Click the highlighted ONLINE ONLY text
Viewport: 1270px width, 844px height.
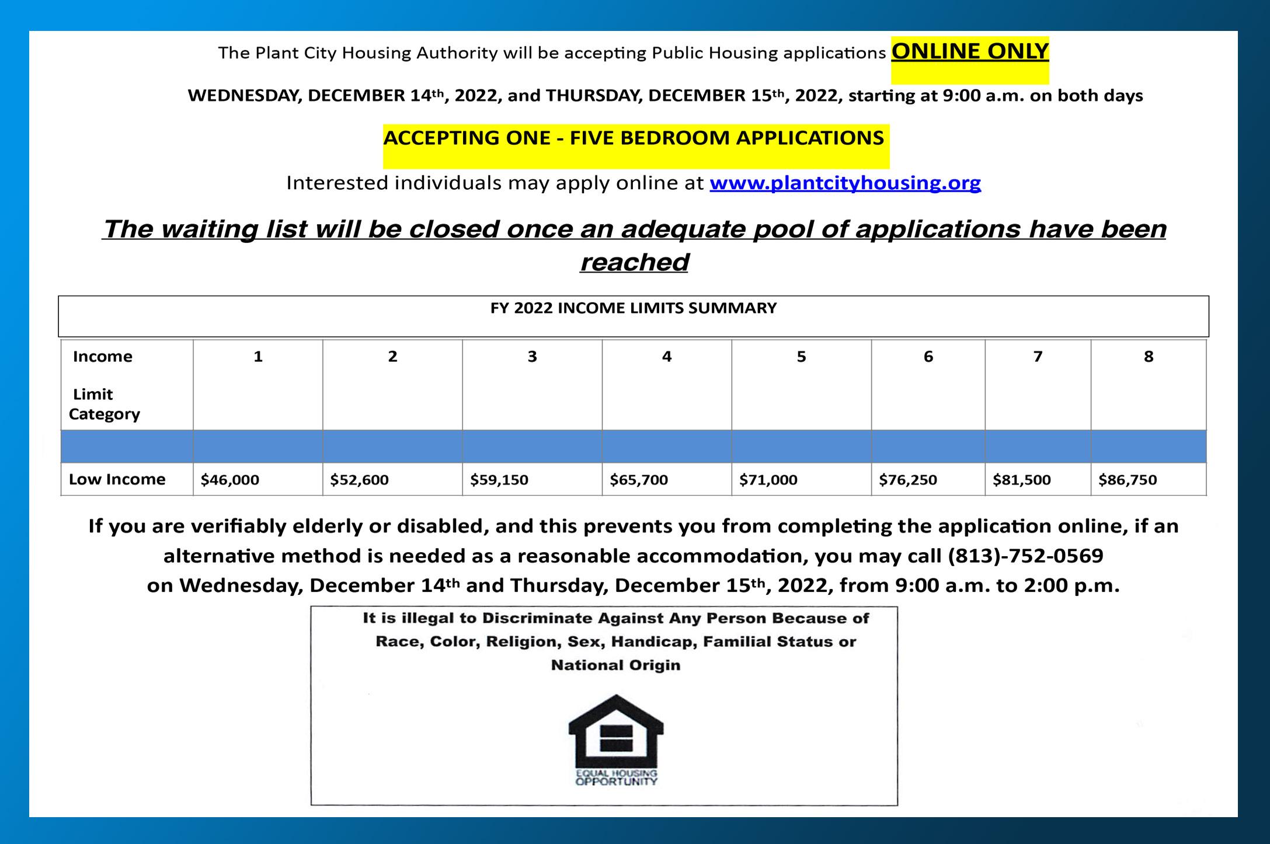[969, 53]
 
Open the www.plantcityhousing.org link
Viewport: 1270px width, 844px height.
[845, 183]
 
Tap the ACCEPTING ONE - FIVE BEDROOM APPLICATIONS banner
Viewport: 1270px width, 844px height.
[634, 138]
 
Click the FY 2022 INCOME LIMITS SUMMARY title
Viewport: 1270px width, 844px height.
[634, 308]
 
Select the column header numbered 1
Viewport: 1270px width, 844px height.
[258, 357]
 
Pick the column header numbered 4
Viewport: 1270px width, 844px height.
[667, 357]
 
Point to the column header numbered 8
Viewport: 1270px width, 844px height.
[1149, 357]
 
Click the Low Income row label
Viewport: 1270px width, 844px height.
[117, 480]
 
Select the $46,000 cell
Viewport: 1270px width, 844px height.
[230, 480]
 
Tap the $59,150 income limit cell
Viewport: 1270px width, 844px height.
[499, 480]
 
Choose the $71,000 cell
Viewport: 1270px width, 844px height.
[768, 480]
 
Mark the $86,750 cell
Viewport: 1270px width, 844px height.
[1128, 480]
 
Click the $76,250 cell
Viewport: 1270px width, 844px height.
[908, 480]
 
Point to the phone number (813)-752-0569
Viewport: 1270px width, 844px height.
[1025, 556]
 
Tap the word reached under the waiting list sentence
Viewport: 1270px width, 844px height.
[635, 263]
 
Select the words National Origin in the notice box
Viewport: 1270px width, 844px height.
[616, 665]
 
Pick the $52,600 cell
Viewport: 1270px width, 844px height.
[359, 480]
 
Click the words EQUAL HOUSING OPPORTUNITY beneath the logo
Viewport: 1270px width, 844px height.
[616, 777]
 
